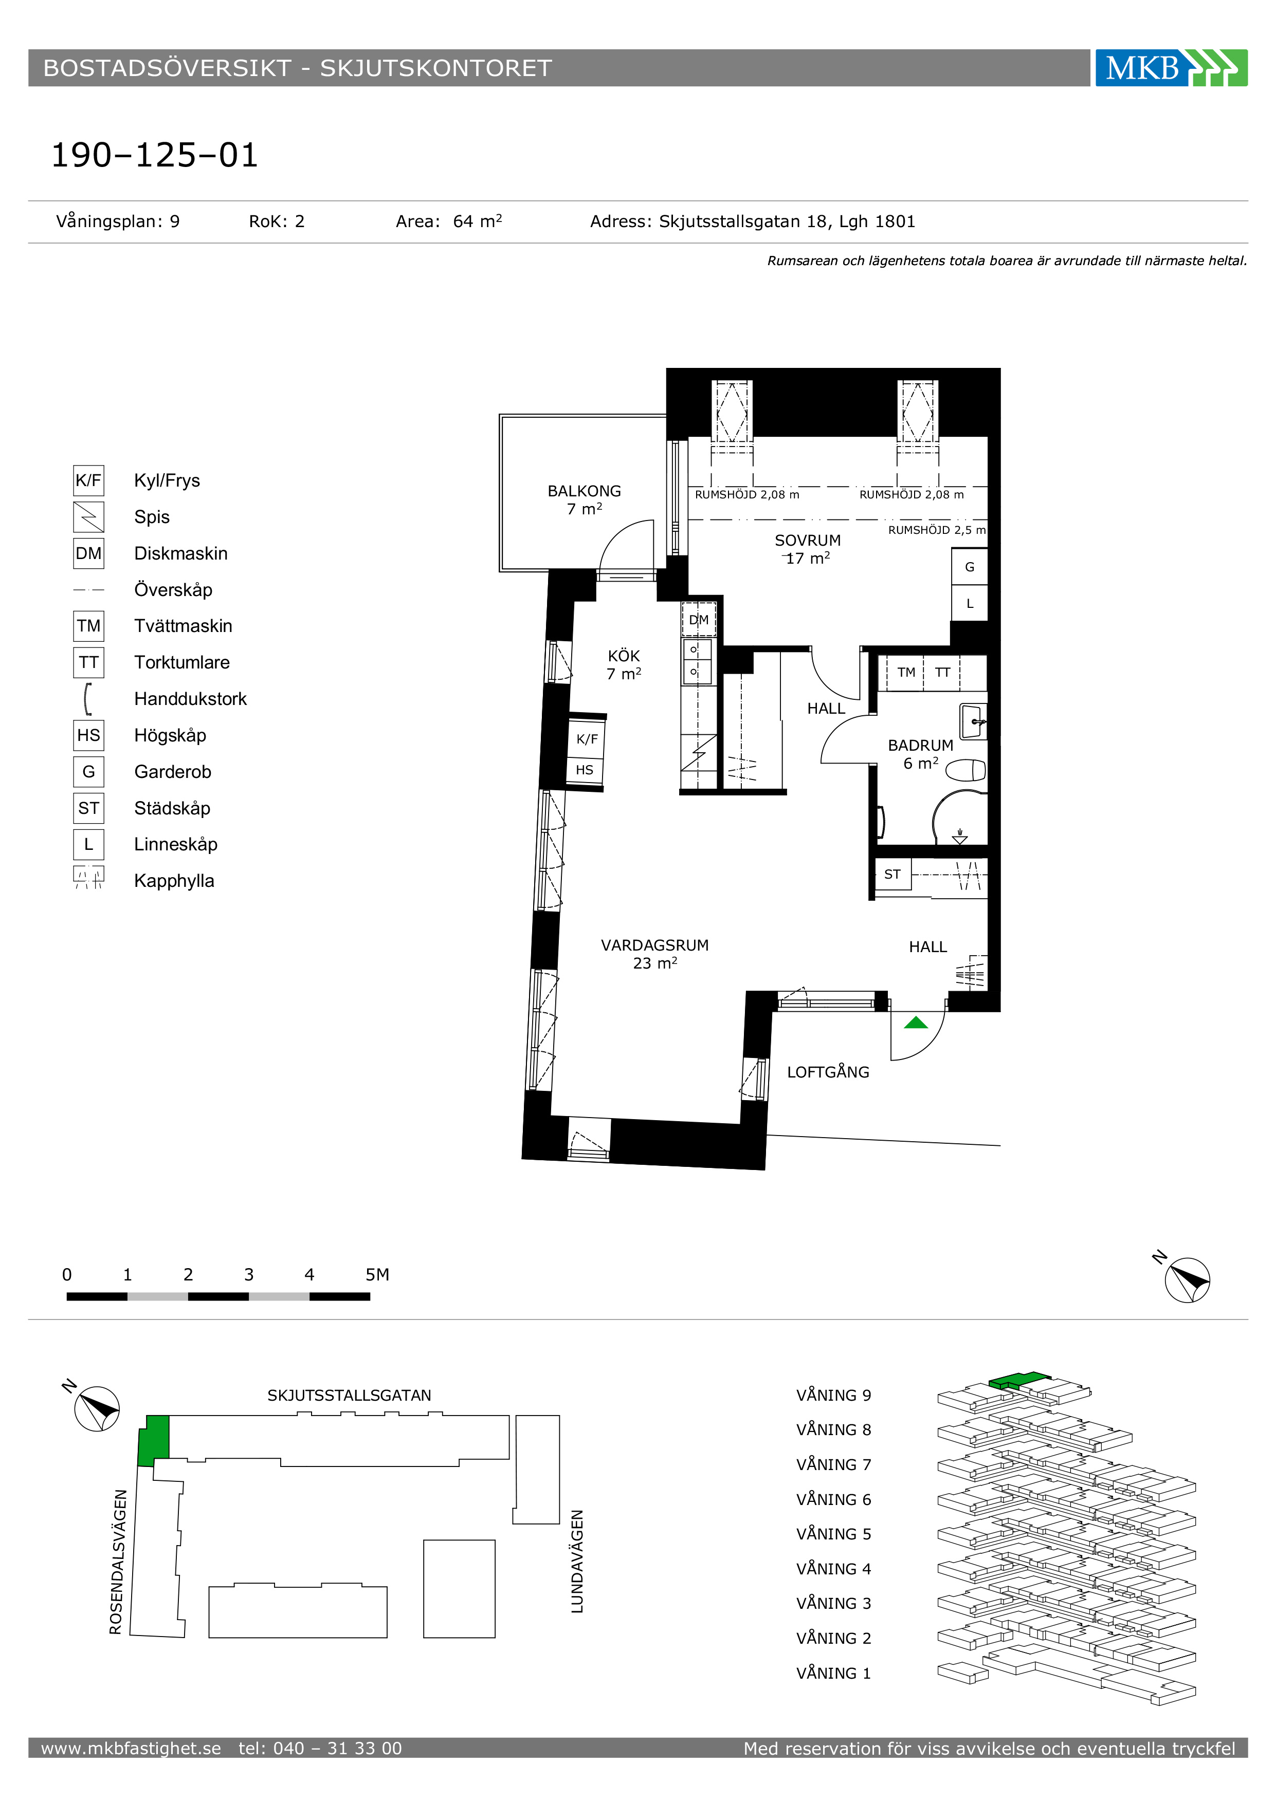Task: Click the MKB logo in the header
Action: (1171, 67)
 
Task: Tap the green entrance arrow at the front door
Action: (916, 1023)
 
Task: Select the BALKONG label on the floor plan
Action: (584, 491)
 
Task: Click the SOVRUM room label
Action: (807, 541)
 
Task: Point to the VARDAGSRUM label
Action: (655, 946)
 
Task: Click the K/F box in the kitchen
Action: (587, 738)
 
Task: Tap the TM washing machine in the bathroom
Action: (906, 673)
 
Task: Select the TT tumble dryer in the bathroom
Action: (942, 673)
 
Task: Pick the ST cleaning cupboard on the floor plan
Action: (893, 875)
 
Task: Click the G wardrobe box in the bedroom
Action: (970, 567)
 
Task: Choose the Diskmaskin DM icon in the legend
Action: (89, 553)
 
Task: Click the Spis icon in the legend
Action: (89, 517)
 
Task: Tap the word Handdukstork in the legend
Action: (190, 699)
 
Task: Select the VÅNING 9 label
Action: (834, 1396)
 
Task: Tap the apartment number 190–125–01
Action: (155, 155)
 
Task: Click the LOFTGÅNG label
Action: (828, 1072)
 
